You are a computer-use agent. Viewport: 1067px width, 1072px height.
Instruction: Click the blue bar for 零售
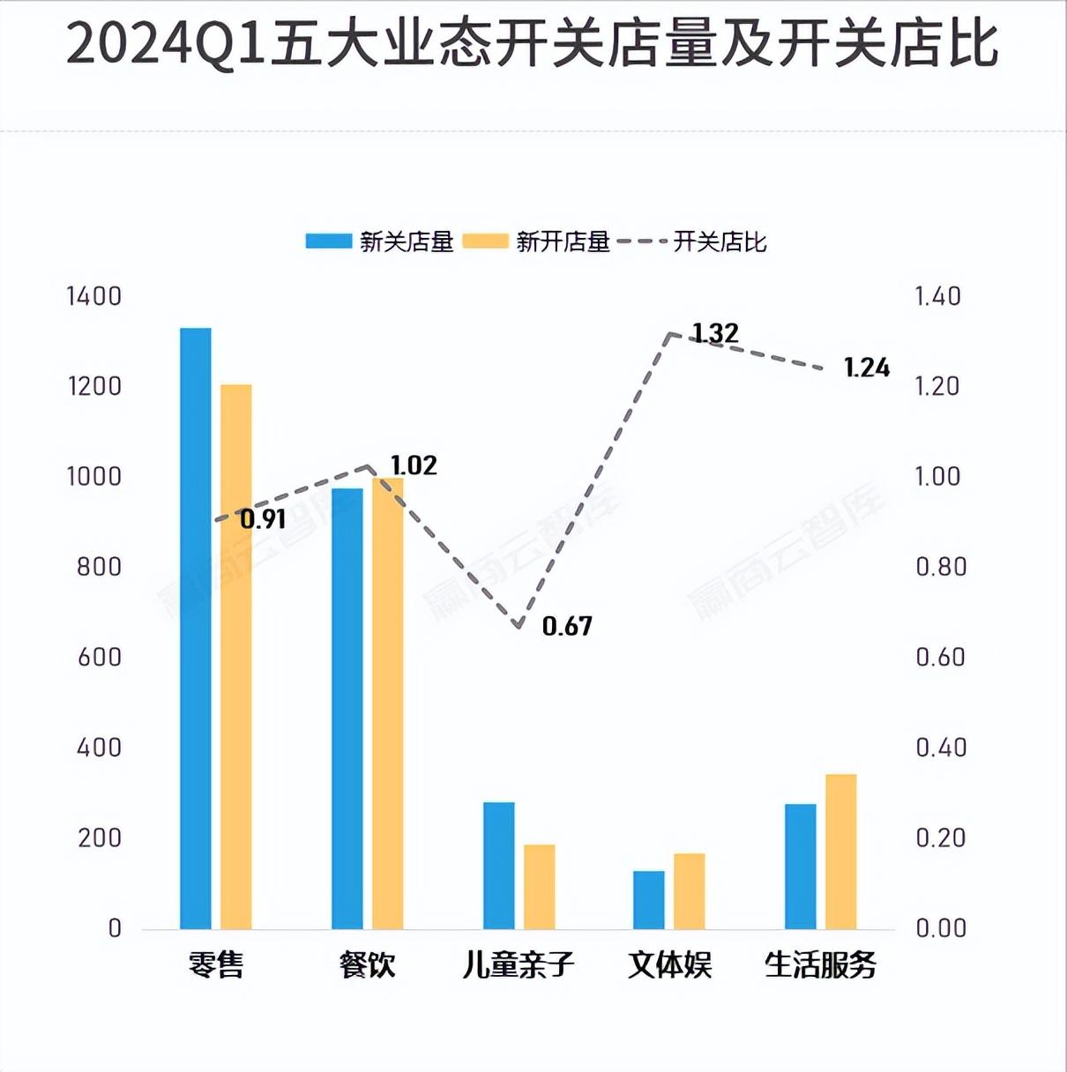click(x=196, y=628)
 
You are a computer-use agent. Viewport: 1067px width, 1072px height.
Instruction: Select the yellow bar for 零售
click(x=235, y=656)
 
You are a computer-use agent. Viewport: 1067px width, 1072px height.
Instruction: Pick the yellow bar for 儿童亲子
click(x=540, y=886)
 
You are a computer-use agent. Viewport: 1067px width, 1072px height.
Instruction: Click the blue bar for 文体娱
click(x=649, y=899)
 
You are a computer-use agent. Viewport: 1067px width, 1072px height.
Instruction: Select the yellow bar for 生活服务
click(x=841, y=851)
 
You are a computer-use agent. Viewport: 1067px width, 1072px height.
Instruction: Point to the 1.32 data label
click(x=715, y=333)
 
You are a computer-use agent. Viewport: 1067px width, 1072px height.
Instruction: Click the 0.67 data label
click(x=567, y=626)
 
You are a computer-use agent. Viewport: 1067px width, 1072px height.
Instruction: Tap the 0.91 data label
click(x=263, y=519)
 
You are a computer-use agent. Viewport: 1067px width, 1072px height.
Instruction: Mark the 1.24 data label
click(x=867, y=368)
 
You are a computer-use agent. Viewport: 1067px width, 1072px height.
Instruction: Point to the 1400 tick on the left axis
click(x=94, y=296)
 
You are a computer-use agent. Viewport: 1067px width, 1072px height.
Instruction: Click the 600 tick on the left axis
click(x=100, y=657)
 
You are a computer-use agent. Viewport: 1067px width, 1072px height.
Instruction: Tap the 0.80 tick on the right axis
click(x=941, y=567)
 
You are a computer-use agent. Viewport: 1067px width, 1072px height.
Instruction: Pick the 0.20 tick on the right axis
click(x=941, y=837)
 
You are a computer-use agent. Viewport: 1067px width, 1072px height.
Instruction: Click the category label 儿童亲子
click(x=519, y=964)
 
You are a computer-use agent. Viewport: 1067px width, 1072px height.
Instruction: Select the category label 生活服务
click(x=820, y=964)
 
